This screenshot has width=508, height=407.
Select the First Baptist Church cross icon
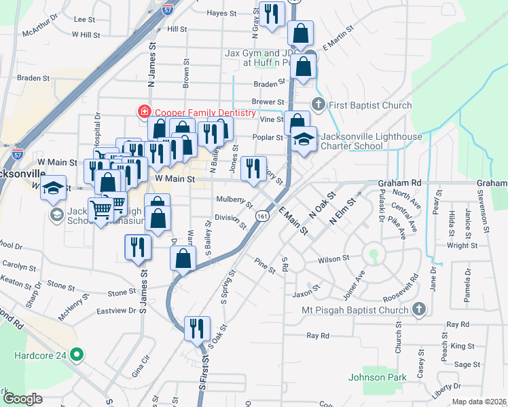318,104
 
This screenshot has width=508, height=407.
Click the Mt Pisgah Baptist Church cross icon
419,309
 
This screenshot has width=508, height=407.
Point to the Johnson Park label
377,377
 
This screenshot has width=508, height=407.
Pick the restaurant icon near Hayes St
272,15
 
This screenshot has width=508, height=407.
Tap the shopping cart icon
101,211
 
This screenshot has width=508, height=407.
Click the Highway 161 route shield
261,214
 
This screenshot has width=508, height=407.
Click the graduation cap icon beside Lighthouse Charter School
303,139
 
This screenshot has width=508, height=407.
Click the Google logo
24,399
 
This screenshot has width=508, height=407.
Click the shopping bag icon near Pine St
182,258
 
